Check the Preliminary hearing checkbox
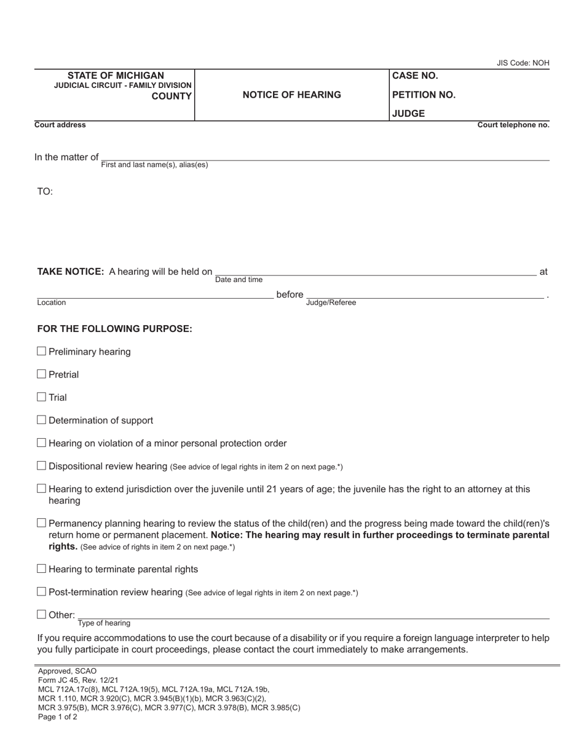(42, 352)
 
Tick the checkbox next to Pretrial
(42, 374)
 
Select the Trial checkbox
(42, 397)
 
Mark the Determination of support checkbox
(42, 420)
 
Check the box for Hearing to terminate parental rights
(42, 569)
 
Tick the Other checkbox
(42, 615)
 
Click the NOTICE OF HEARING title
(291, 95)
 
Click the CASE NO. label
(415, 76)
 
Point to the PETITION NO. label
(424, 95)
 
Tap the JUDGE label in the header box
(408, 114)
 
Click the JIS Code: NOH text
(523, 63)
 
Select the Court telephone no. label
(513, 125)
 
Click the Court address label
(60, 125)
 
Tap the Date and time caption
(239, 280)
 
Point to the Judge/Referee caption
(331, 302)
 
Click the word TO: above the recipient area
(45, 192)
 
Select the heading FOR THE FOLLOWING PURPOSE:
(114, 329)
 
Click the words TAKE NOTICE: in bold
(71, 272)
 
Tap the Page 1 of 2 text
(57, 717)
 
